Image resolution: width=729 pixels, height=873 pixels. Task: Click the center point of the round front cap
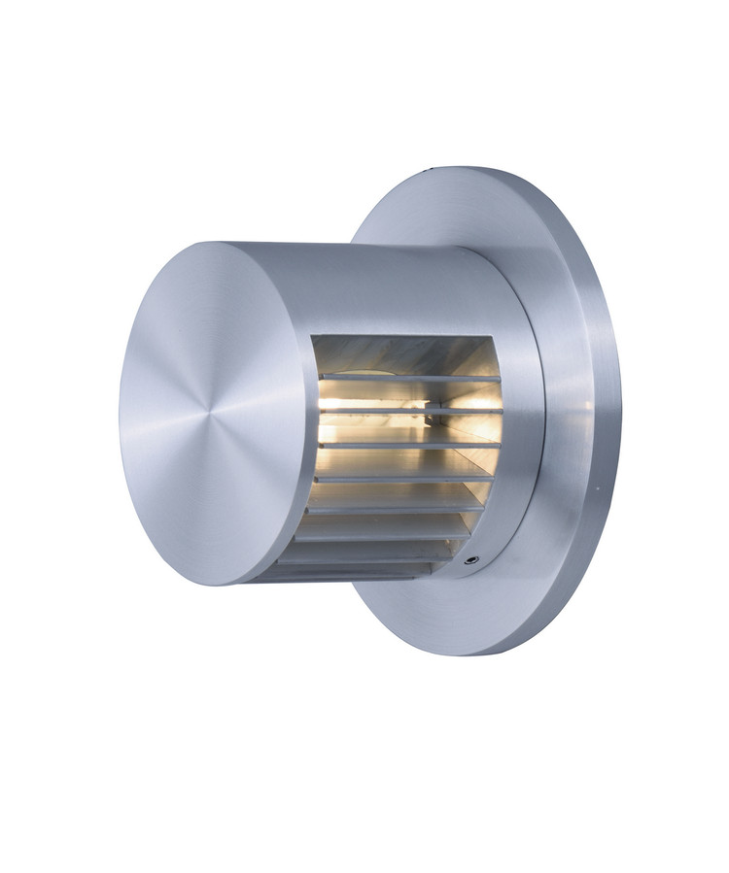[215, 412]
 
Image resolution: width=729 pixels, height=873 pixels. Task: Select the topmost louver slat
[408, 377]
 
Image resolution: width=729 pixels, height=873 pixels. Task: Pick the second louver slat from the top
[408, 411]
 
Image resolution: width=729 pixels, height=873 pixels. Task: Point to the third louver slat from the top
[408, 445]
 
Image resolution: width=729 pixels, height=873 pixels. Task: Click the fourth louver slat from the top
[403, 478]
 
